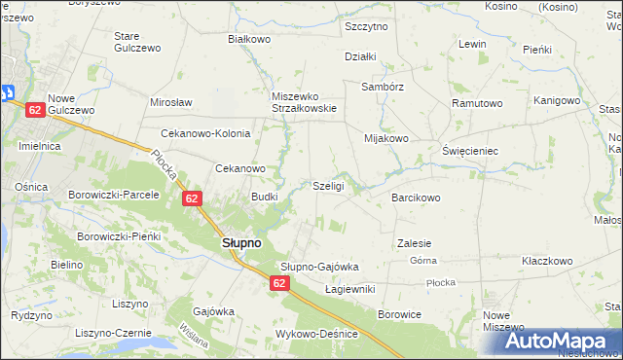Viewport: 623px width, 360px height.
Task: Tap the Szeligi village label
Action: [x=328, y=186]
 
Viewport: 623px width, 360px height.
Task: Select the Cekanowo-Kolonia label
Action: [x=205, y=134]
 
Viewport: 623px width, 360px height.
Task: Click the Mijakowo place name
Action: [x=386, y=138]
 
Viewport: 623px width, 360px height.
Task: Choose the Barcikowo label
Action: [x=416, y=198]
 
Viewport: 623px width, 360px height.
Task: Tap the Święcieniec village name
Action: [x=470, y=152]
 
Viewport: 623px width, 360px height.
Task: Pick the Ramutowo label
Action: [x=476, y=103]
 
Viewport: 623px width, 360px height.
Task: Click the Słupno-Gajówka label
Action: [x=320, y=267]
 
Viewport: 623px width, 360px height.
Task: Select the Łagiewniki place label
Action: [x=349, y=289]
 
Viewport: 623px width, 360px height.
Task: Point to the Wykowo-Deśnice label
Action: [x=317, y=334]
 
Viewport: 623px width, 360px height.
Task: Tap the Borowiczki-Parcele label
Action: [x=113, y=195]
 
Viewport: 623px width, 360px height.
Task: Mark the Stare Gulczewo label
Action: [x=136, y=42]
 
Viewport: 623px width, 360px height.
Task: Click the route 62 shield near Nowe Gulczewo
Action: [x=34, y=111]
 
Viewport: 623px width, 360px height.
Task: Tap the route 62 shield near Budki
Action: [x=191, y=198]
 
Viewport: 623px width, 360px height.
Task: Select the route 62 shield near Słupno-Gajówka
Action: [x=279, y=283]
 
